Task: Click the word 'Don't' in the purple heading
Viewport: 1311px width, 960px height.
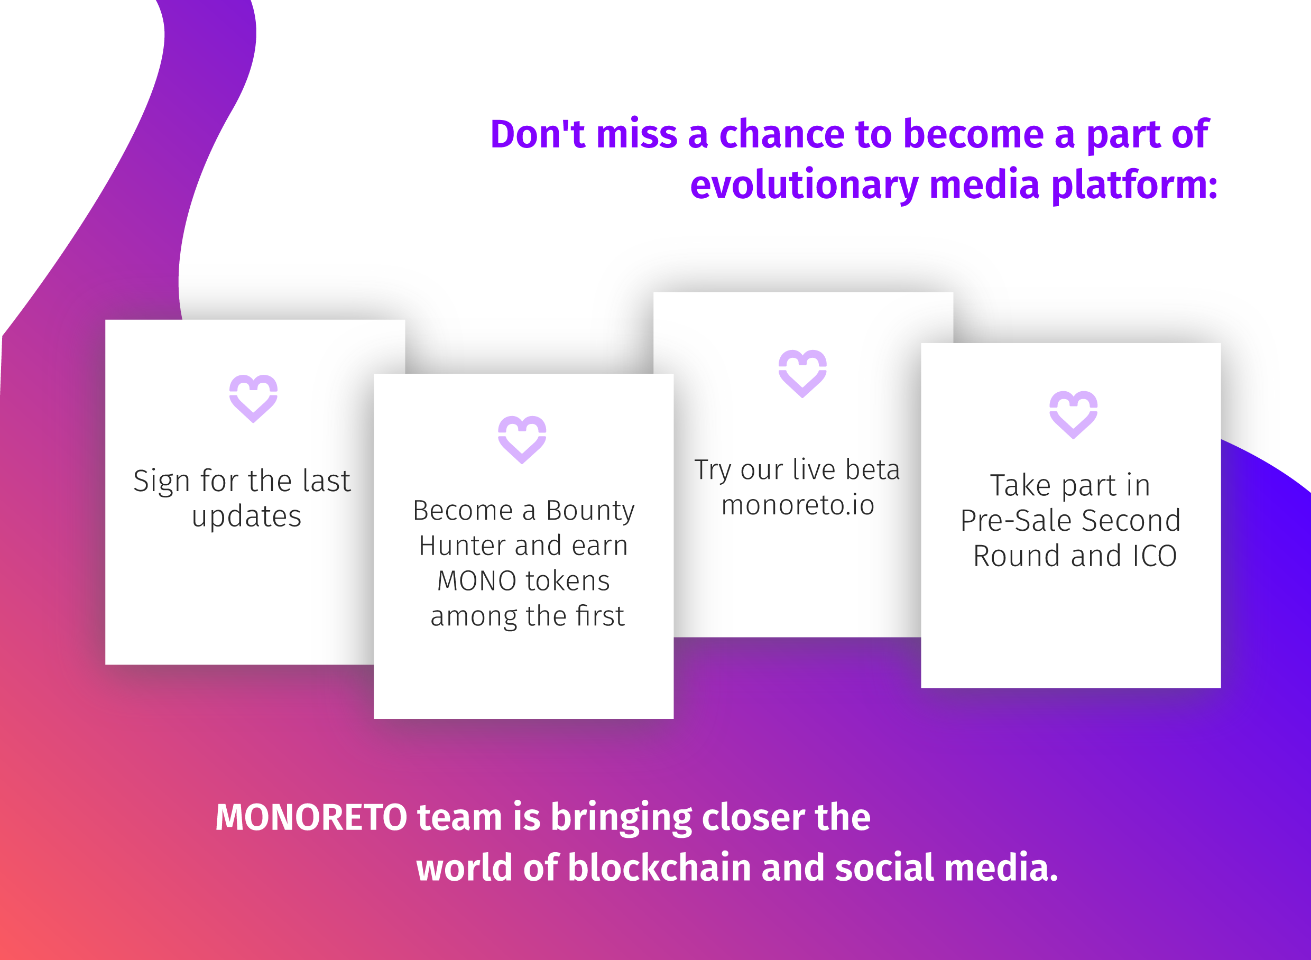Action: point(538,134)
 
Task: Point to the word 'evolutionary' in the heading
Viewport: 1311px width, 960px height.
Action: point(804,186)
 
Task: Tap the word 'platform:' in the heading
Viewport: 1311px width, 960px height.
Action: point(1134,186)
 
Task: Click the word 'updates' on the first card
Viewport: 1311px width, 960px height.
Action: point(246,516)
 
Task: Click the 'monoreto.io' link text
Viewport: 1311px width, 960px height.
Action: point(798,505)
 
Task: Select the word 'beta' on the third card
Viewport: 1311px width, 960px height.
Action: point(872,469)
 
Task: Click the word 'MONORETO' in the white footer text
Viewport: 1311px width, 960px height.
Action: point(311,818)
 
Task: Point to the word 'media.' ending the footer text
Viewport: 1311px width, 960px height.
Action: point(1001,868)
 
